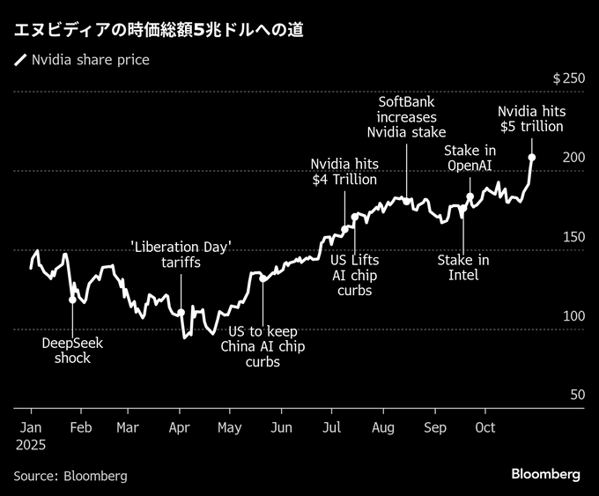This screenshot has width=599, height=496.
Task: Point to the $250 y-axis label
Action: point(568,78)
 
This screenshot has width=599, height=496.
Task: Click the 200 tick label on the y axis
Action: point(574,157)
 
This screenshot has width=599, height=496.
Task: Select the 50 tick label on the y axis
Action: point(577,395)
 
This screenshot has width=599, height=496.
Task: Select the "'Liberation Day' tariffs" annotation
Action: point(181,255)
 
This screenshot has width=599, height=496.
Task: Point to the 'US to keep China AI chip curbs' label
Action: point(263,346)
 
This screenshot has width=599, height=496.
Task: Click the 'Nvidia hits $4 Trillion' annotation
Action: point(344,172)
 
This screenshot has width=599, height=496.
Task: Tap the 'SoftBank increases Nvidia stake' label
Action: point(406,117)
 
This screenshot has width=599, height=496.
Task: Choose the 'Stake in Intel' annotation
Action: point(463,267)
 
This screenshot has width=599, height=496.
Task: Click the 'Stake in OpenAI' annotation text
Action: point(470,158)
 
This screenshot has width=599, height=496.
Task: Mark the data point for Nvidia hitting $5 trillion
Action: point(532,158)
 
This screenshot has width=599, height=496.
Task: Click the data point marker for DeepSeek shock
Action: point(72,300)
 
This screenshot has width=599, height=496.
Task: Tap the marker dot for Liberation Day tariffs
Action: point(181,312)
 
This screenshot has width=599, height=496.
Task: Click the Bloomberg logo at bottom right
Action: point(546,474)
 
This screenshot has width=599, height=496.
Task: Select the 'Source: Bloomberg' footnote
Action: point(70,476)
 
